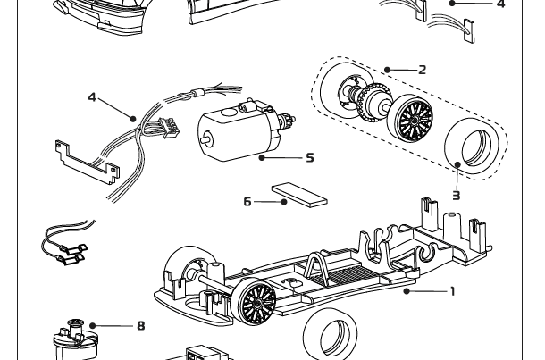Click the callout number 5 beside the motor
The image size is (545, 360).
coord(309,157)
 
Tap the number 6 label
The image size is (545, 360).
coord(247,202)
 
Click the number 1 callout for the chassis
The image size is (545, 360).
coord(452,290)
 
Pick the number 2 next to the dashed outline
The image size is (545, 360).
coord(421,69)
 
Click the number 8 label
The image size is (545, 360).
coord(140,326)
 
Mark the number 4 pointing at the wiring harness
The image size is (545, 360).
coord(91,96)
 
